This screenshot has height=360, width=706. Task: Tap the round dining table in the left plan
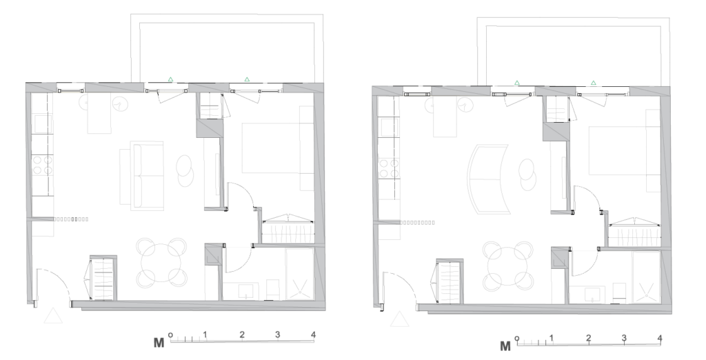point(162,263)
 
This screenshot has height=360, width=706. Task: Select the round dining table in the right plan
point(508,266)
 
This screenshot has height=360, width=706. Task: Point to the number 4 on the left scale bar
point(314,334)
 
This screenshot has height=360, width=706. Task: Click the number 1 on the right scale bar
point(551,338)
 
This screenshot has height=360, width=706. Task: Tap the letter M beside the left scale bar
point(159,343)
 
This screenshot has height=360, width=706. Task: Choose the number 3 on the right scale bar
point(624,338)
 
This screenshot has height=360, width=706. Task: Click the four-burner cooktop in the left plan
point(42,165)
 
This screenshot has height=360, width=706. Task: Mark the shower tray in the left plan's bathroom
point(299,274)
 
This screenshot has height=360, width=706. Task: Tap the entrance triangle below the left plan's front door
point(53,316)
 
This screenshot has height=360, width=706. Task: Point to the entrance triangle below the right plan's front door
point(399,319)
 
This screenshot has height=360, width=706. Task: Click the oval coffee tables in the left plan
point(185,170)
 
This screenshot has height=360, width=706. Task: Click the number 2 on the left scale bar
point(242,334)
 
